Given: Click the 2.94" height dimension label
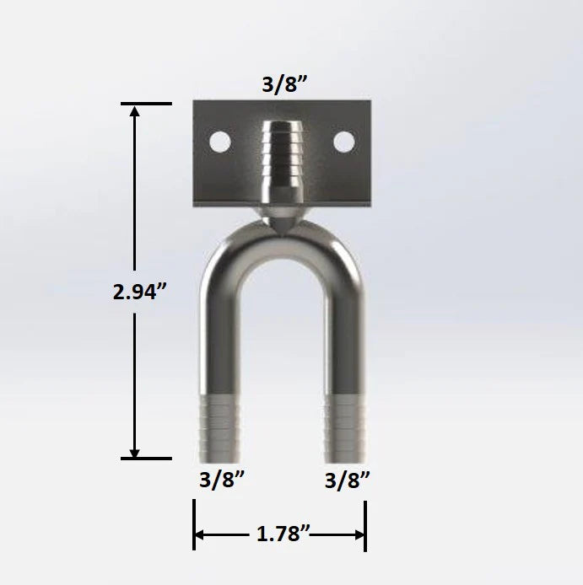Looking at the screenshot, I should pyautogui.click(x=140, y=292).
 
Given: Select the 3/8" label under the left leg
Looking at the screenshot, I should pyautogui.click(x=222, y=480).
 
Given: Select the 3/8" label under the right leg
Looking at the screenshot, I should pyautogui.click(x=348, y=480).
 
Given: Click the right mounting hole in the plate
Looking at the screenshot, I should pyautogui.click(x=343, y=142).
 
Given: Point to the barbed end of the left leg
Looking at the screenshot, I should pyautogui.click(x=219, y=426).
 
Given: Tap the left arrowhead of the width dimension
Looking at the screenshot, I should pyautogui.click(x=201, y=534).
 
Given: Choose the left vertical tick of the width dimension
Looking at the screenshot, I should pyautogui.click(x=194, y=525).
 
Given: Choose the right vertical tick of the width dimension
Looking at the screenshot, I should pyautogui.click(x=365, y=525).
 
